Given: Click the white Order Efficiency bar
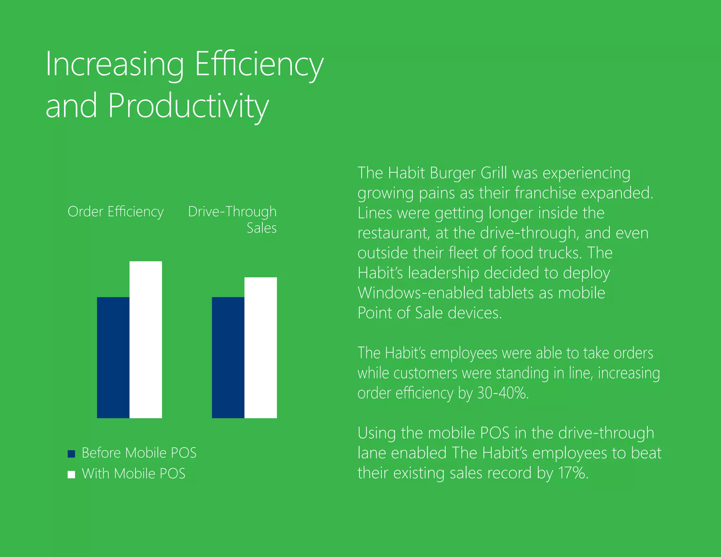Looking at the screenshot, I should pyautogui.click(x=146, y=340).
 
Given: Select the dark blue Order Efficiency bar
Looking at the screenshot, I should pyautogui.click(x=113, y=357).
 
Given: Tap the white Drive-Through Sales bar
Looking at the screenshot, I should pyautogui.click(x=261, y=348).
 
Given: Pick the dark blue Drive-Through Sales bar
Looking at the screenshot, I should pyautogui.click(x=228, y=357).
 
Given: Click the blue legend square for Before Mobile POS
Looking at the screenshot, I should pyautogui.click(x=71, y=454).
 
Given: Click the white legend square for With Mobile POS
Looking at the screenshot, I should pyautogui.click(x=71, y=475).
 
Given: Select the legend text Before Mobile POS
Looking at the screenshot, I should pyautogui.click(x=139, y=453).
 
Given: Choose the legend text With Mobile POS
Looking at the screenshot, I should pyautogui.click(x=133, y=474).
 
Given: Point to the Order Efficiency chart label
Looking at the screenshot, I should pyautogui.click(x=115, y=212).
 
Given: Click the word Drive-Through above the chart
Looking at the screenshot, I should pyautogui.click(x=232, y=212).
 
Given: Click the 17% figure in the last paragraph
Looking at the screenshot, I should pyautogui.click(x=572, y=473).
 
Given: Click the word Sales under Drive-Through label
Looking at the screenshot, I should pyautogui.click(x=262, y=228).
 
